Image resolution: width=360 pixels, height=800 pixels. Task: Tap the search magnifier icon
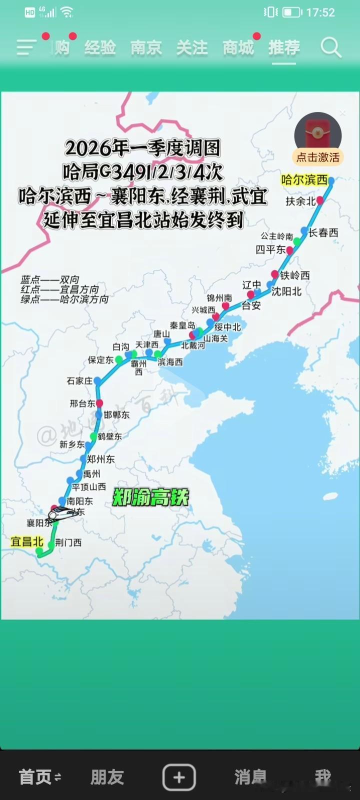pyautogui.click(x=330, y=48)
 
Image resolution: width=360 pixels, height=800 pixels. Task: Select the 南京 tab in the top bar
pyautogui.click(x=146, y=48)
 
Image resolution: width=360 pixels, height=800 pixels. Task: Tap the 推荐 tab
pyautogui.click(x=284, y=48)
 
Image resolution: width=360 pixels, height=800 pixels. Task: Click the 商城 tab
pyautogui.click(x=238, y=48)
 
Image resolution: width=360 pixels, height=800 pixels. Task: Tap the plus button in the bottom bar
pyautogui.click(x=179, y=777)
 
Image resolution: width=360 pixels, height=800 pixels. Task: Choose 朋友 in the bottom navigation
pyautogui.click(x=107, y=777)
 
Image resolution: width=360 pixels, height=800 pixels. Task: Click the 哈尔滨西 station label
pyautogui.click(x=304, y=180)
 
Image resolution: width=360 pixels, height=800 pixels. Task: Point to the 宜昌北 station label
pyautogui.click(x=27, y=541)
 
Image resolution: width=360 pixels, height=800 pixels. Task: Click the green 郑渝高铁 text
pyautogui.click(x=150, y=497)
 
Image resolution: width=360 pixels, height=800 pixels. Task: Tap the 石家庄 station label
pyautogui.click(x=79, y=381)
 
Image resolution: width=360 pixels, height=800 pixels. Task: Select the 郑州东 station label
pyautogui.click(x=100, y=459)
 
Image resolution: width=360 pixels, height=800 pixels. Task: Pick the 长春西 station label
pyautogui.click(x=323, y=232)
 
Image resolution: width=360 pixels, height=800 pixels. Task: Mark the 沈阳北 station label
pyautogui.click(x=286, y=291)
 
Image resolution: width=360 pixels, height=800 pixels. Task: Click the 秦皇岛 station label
pyautogui.click(x=182, y=326)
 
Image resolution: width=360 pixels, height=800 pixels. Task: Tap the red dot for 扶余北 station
pyautogui.click(x=320, y=200)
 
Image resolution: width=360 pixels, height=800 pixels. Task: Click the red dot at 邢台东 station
pyautogui.click(x=99, y=403)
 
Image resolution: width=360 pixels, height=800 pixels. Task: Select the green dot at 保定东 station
pyautogui.click(x=118, y=359)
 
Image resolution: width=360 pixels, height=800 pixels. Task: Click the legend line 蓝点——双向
pyautogui.click(x=50, y=280)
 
